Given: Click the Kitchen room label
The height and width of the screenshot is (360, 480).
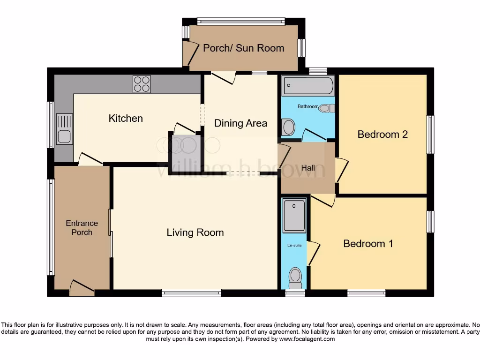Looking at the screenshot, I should click(126, 118).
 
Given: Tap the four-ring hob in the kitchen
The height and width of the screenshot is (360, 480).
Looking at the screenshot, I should click(142, 84).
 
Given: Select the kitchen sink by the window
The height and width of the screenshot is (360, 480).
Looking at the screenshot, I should click(64, 129).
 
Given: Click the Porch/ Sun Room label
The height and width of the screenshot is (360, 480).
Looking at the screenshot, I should click(243, 48).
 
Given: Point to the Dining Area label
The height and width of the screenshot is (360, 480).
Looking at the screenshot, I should click(240, 123).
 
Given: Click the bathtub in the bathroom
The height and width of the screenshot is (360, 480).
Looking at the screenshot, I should click(308, 86).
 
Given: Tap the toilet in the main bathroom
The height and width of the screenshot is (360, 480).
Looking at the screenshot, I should click(327, 108).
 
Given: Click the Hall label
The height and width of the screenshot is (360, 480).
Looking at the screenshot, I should click(308, 168).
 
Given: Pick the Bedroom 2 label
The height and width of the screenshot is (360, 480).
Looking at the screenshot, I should click(382, 135).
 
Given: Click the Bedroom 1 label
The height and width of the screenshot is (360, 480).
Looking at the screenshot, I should click(368, 244).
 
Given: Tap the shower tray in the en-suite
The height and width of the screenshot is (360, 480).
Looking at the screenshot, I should click(294, 215).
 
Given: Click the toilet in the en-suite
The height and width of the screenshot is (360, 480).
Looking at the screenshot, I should click(295, 277).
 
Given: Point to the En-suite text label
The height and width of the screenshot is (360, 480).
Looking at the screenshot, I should click(293, 245).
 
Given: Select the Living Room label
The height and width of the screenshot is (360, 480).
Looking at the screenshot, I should click(195, 232).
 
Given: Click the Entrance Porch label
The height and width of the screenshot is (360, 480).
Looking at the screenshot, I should click(82, 228).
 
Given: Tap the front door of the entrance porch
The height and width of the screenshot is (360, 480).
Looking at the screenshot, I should click(82, 288).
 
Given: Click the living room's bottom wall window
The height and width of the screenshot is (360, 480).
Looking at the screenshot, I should click(191, 293).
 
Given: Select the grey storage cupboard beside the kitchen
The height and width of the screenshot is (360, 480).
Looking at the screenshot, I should click(185, 151).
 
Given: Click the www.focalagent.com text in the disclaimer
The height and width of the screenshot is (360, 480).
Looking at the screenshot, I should click(307, 339).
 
